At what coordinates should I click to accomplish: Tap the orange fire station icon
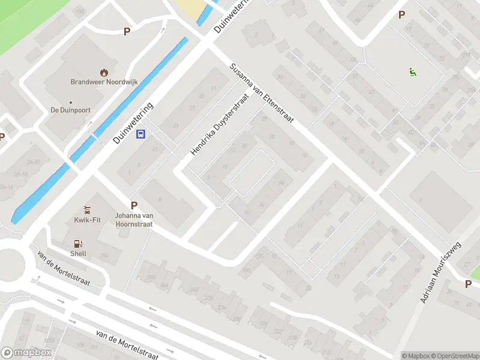point(104,72)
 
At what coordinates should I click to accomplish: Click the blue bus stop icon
point(141,134)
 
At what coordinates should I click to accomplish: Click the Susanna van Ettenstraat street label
point(262,94)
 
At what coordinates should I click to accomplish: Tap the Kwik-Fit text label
point(88,220)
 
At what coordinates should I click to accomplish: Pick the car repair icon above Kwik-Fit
point(88,210)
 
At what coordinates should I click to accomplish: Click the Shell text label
point(78,254)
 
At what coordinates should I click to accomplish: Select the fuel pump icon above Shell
point(77,244)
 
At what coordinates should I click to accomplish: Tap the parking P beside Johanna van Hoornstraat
point(134,205)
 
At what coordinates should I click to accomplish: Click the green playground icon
point(412,73)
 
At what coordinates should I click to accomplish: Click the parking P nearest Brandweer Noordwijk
point(127,31)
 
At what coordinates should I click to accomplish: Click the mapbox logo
point(26,353)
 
